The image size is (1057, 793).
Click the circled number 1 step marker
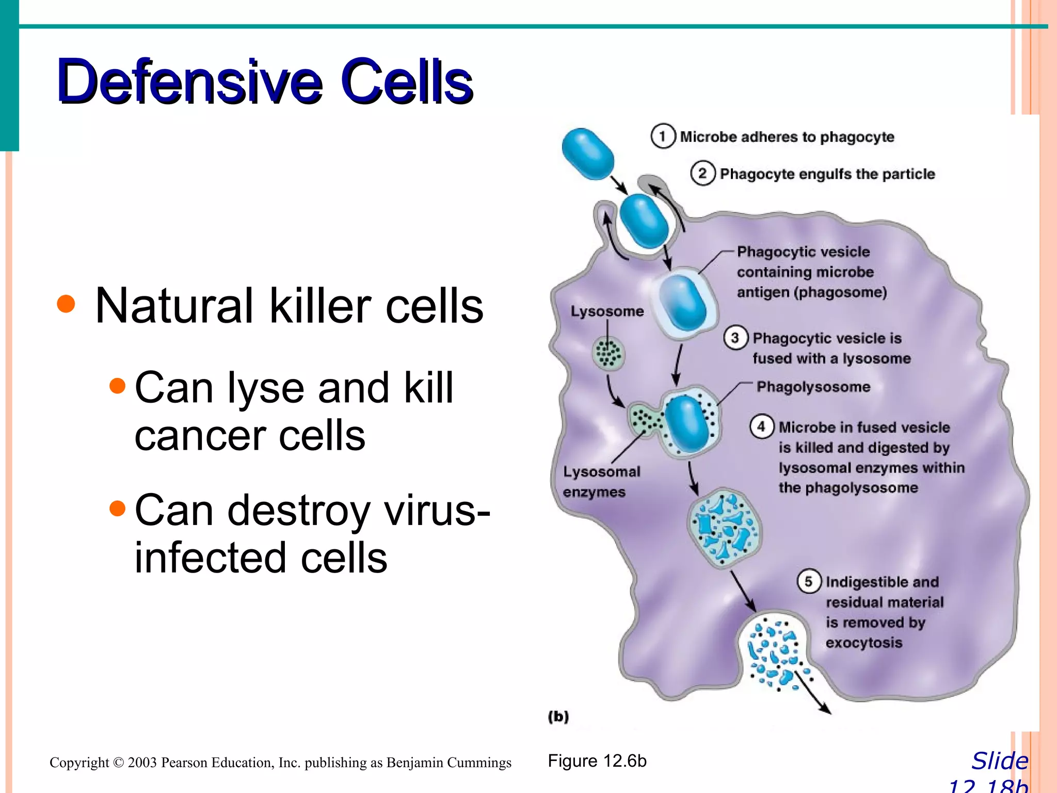click(x=663, y=137)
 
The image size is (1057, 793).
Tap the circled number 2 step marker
click(x=702, y=173)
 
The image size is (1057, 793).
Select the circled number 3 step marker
click(x=735, y=338)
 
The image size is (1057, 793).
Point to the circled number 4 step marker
click(x=761, y=427)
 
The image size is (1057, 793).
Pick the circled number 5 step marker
click(x=809, y=582)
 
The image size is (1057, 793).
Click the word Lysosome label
click(x=607, y=311)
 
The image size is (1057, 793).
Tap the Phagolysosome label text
click(x=813, y=387)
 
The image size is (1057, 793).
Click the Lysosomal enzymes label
click(x=601, y=481)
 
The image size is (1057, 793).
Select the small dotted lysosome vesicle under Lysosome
click(x=608, y=354)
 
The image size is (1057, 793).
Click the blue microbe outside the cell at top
click(x=588, y=154)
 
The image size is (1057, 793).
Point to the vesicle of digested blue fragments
click(x=724, y=528)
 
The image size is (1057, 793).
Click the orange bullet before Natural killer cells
click(x=66, y=304)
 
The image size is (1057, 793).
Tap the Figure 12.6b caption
click(x=597, y=761)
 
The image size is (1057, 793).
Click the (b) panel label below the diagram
click(x=558, y=717)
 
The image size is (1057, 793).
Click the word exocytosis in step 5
click(x=864, y=643)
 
